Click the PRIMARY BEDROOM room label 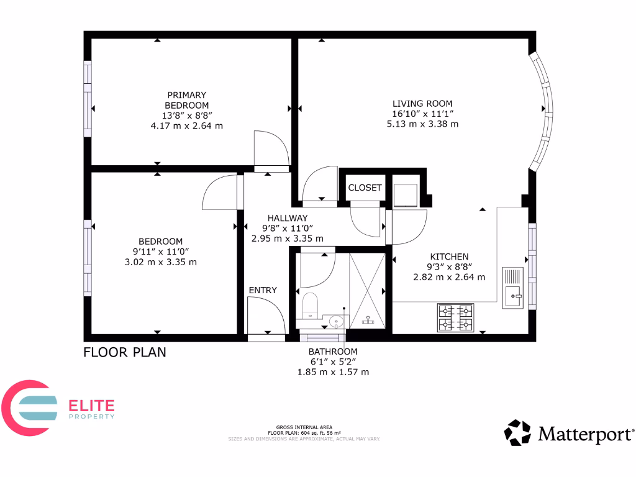tap(186, 100)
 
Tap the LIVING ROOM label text tap(422, 104)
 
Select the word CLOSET tap(365, 188)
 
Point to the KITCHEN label tap(449, 257)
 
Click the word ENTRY tap(263, 290)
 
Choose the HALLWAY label tap(287, 218)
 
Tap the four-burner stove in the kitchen tap(455, 317)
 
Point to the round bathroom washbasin tap(335, 322)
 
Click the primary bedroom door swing tap(271, 149)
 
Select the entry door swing tap(266, 316)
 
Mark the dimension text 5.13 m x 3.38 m tap(422, 124)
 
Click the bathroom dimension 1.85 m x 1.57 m tap(333, 372)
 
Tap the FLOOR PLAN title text tap(125, 353)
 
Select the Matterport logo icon tap(517, 433)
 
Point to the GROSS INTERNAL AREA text tap(304, 428)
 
